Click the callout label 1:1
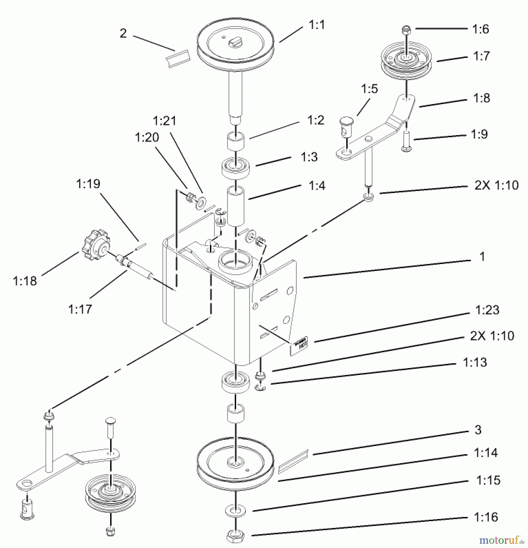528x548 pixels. tap(317, 25)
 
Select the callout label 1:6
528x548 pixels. tap(480, 29)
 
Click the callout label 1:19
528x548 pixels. tap(88, 184)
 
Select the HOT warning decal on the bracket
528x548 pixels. tap(299, 346)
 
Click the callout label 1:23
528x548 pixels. tap(487, 310)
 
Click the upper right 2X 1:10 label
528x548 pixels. tap(496, 185)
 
